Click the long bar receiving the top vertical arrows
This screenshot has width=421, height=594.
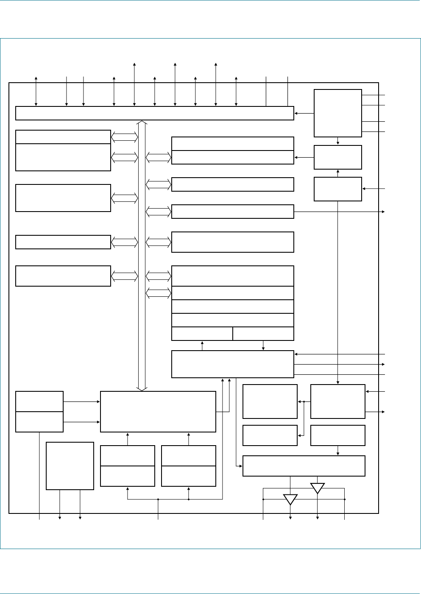click(154, 113)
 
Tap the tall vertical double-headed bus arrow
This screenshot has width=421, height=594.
click(142, 254)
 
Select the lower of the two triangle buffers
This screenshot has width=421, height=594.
click(290, 499)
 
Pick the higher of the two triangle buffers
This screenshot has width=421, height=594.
click(318, 488)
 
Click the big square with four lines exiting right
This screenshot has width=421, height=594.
click(337, 113)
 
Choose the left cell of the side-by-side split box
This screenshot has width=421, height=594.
click(202, 334)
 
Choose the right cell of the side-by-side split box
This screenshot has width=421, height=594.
click(263, 334)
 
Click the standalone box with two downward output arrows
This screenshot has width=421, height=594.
click(70, 466)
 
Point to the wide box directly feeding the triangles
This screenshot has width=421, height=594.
click(304, 466)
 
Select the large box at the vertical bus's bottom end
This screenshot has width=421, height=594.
click(158, 411)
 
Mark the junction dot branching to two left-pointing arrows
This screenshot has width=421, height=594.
click(304, 402)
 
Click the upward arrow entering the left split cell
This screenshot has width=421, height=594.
click(202, 346)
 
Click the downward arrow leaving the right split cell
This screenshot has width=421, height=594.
click(263, 346)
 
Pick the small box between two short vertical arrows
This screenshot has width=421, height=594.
click(337, 157)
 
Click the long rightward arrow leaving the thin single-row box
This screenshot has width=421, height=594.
click(339, 212)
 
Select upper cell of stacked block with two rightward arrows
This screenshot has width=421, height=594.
click(39, 402)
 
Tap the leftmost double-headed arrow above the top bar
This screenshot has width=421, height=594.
click(36, 91)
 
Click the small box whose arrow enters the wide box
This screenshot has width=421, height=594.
click(337, 435)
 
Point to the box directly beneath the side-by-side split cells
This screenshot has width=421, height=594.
click(232, 364)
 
